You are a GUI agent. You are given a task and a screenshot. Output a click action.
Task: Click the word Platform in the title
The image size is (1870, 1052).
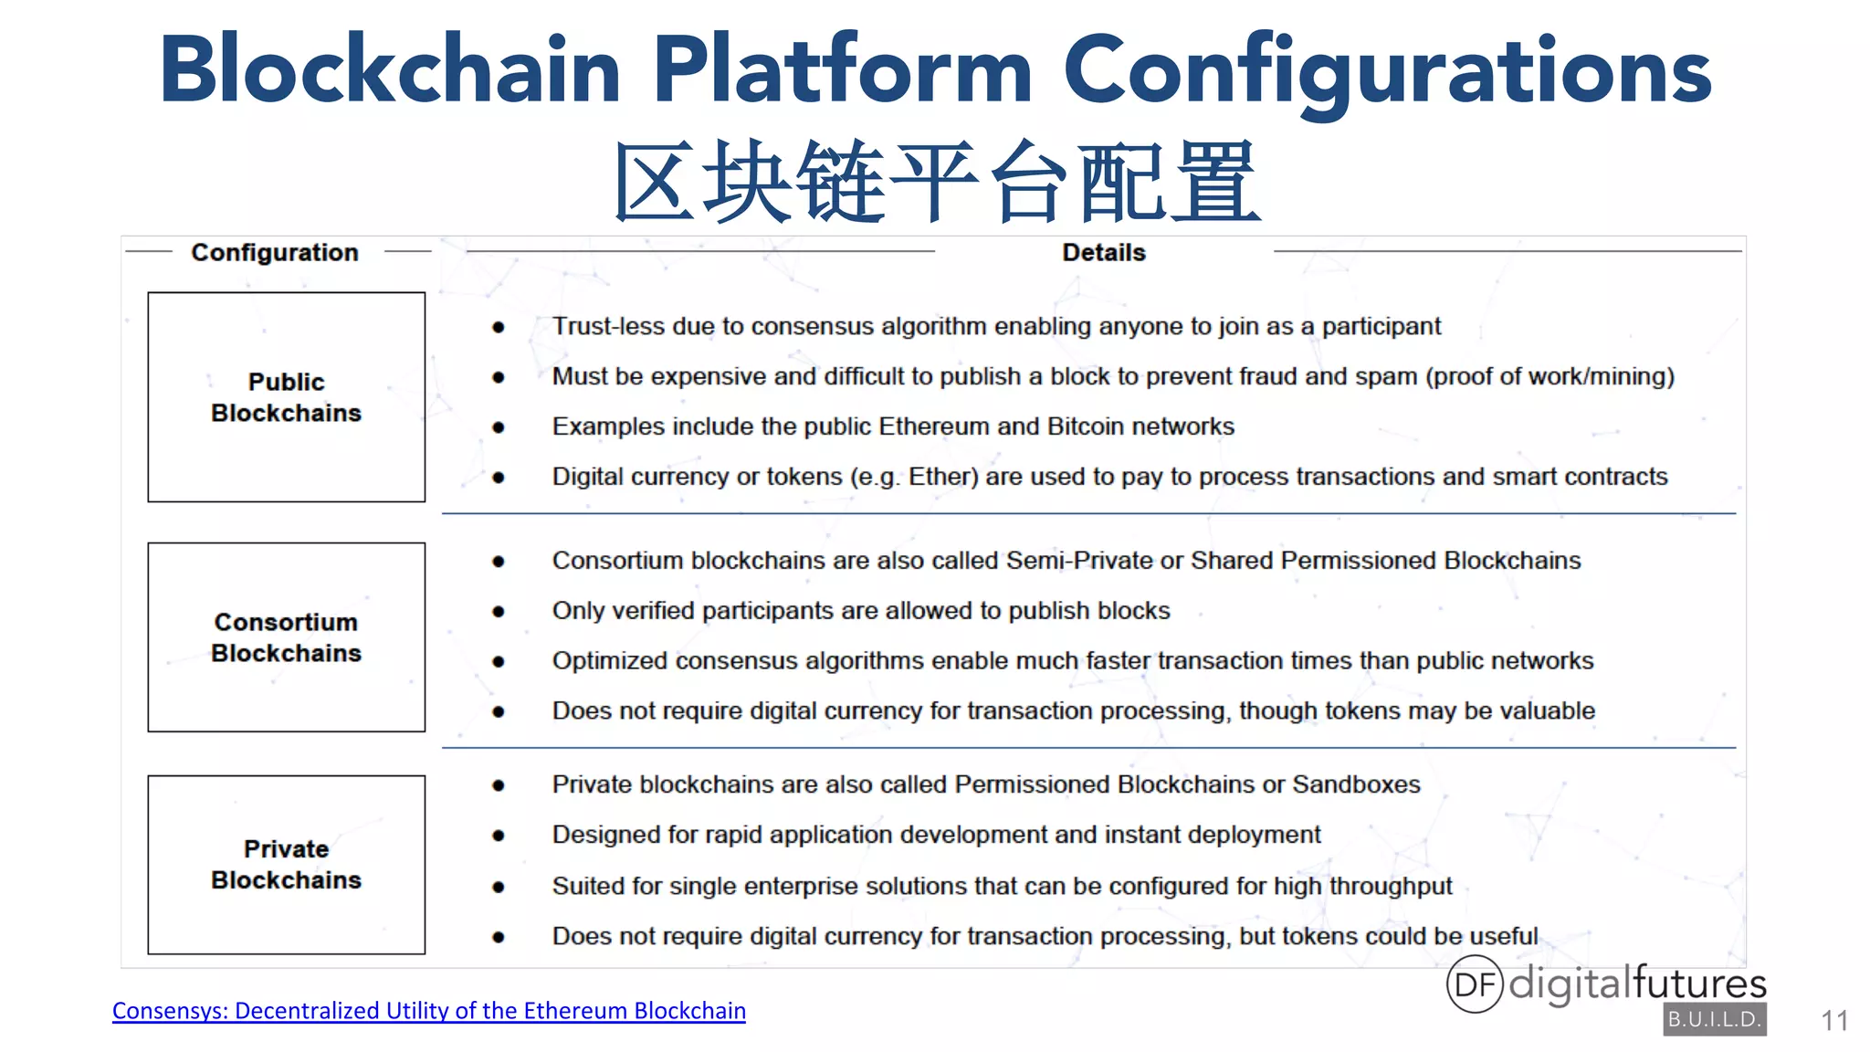coord(842,70)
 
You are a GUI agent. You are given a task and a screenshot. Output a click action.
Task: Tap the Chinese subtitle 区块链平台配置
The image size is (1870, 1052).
coord(937,181)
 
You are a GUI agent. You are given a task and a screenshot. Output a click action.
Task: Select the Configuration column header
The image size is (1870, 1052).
coord(274,252)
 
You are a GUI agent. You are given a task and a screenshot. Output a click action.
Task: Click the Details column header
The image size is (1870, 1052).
coord(1103,252)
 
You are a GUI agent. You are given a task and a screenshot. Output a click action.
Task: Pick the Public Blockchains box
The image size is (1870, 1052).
coord(286,397)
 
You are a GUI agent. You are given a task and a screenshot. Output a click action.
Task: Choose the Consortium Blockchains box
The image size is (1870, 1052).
coord(286,637)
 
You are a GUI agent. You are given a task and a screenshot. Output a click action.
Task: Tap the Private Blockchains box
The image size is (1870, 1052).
coord(286,865)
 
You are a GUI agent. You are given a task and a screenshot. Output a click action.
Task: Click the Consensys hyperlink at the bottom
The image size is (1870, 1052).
coord(428,1011)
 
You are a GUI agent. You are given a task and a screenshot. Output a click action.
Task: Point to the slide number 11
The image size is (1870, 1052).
coord(1834,1020)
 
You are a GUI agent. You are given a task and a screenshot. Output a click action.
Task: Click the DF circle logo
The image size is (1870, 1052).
coord(1475,984)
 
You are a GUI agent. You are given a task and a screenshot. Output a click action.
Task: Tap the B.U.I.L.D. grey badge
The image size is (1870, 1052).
coord(1714,1019)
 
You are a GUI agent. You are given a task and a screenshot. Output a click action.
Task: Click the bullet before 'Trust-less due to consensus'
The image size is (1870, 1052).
coord(499,327)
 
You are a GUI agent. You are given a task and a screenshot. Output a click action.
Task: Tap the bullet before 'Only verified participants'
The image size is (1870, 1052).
coord(499,611)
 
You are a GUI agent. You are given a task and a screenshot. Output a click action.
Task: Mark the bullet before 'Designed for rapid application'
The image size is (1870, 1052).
coord(499,836)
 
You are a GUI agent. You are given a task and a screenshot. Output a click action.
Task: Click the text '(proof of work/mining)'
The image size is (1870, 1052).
coord(1550,376)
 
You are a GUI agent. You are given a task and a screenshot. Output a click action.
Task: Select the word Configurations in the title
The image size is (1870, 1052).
coord(1387,70)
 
